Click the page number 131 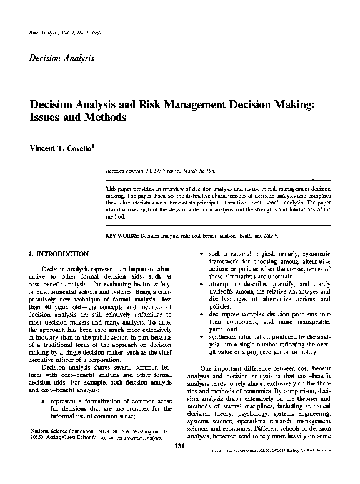[x=179, y=463]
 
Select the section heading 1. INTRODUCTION [x=58, y=255]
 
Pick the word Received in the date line [x=119, y=169]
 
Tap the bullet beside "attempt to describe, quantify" [x=192, y=285]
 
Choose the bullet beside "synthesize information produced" [x=192, y=337]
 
